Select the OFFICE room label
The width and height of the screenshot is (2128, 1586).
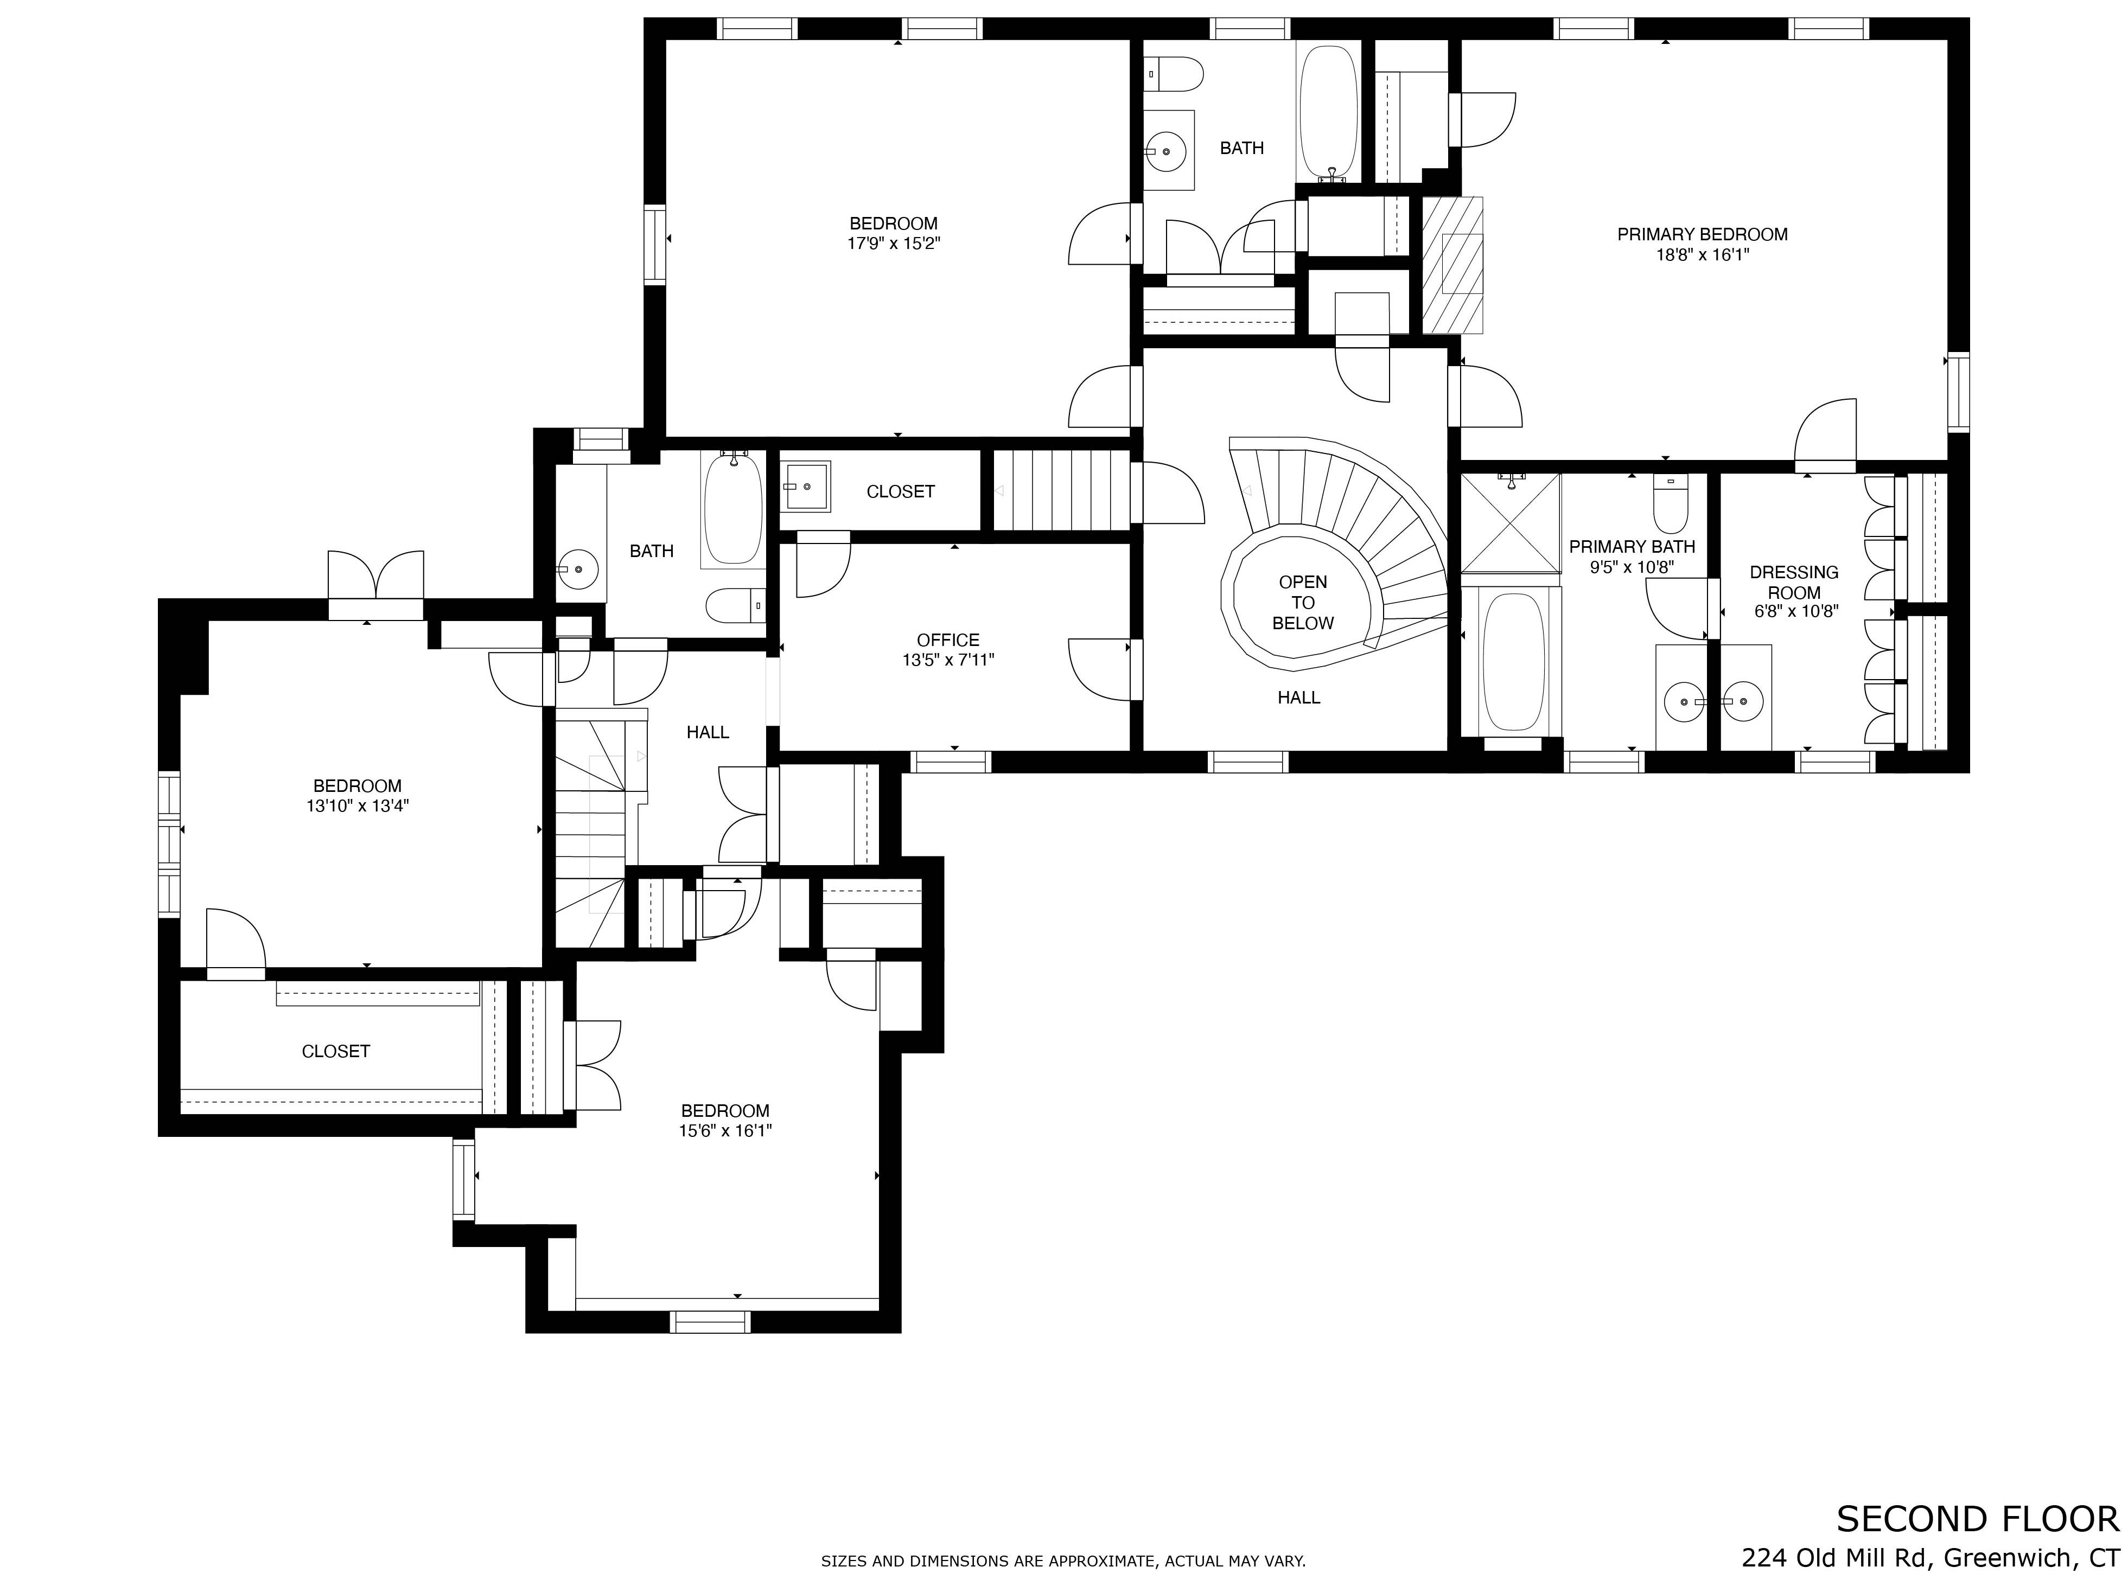coord(948,641)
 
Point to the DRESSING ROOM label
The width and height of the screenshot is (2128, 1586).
coord(1794,583)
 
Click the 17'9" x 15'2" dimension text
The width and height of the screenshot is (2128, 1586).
coord(893,244)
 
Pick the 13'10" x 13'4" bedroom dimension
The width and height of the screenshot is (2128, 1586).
coord(357,807)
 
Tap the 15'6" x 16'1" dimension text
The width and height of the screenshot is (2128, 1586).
coord(725,1131)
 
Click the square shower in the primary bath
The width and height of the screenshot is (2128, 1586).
coord(1511,523)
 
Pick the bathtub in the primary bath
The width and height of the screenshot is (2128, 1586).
coord(1513,662)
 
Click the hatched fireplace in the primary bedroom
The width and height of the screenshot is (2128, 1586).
coord(1452,265)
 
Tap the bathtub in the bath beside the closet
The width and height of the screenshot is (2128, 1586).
coord(734,510)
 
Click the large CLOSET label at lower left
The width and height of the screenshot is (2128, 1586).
coord(335,1051)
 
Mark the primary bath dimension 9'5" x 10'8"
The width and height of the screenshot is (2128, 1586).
coord(1632,567)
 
